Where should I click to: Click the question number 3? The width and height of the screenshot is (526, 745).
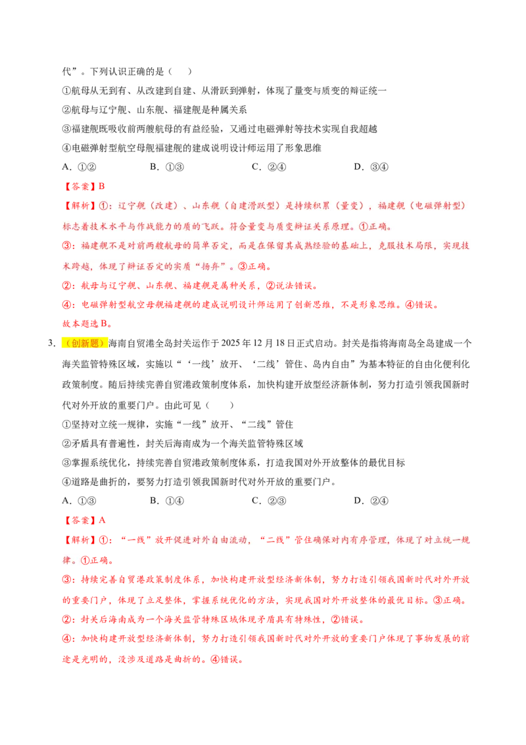click(51, 344)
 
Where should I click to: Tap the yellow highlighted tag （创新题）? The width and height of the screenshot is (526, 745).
click(85, 344)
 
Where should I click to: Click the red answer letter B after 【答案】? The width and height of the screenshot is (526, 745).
click(102, 186)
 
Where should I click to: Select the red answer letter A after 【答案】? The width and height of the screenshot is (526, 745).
click(102, 521)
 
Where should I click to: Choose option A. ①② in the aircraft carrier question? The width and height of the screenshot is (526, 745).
click(80, 167)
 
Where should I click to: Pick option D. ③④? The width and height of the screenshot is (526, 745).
click(371, 167)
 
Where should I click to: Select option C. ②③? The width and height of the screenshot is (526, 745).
click(269, 501)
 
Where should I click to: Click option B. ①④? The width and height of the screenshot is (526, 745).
click(166, 501)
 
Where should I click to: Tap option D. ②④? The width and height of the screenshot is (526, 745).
click(371, 501)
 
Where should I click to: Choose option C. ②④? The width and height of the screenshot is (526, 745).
click(269, 167)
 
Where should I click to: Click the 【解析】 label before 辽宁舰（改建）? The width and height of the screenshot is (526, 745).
click(80, 206)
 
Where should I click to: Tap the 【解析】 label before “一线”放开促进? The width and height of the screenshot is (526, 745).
click(80, 540)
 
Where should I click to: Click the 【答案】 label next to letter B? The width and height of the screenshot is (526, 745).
click(80, 186)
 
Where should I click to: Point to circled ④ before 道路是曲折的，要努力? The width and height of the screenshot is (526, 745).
click(66, 482)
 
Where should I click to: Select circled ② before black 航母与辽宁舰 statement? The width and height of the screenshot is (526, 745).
click(66, 110)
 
